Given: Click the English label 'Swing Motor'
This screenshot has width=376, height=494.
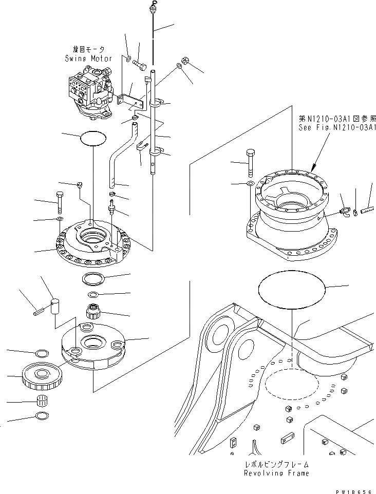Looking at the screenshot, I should tap(88, 59).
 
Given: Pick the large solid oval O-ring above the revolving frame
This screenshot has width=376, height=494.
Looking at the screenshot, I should tap(291, 290).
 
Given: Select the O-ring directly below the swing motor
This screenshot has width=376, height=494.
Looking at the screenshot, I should tap(93, 139).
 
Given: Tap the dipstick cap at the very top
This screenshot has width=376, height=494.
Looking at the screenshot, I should tap(153, 7).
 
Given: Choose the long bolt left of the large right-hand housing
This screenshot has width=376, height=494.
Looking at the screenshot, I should tap(250, 162).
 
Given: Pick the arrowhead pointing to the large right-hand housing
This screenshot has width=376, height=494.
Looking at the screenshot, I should tap(313, 167).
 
